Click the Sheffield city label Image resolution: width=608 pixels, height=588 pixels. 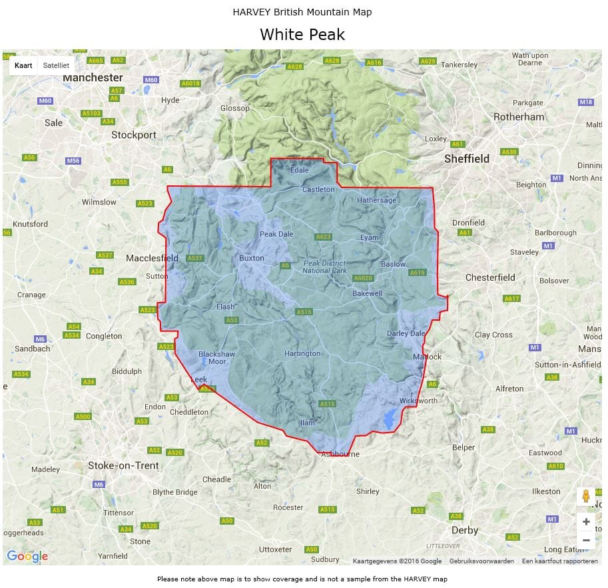tap(467, 159)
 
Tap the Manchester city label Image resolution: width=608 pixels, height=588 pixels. tap(93, 77)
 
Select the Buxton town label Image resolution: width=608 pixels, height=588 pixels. tap(252, 258)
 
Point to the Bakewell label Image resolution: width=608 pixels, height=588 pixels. tap(368, 293)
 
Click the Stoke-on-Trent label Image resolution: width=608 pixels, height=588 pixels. tap(123, 465)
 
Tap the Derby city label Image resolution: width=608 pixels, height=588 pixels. tap(465, 530)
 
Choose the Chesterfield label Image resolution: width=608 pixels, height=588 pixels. tap(490, 277)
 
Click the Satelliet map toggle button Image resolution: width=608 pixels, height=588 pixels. tap(56, 65)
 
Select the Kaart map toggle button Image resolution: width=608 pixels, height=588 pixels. tap(23, 65)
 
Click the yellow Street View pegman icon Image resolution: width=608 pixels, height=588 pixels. tap(586, 496)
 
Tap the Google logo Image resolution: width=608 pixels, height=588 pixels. tap(27, 556)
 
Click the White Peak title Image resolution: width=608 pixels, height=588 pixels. tap(302, 35)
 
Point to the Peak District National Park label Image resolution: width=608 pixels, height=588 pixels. tap(325, 267)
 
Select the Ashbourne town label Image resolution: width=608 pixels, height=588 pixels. tap(340, 454)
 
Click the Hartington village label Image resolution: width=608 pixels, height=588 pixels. tap(302, 353)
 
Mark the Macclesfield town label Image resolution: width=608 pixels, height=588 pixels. tap(152, 258)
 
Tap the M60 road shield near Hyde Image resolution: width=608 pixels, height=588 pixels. tap(151, 80)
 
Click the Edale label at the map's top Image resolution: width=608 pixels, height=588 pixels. tap(300, 170)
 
